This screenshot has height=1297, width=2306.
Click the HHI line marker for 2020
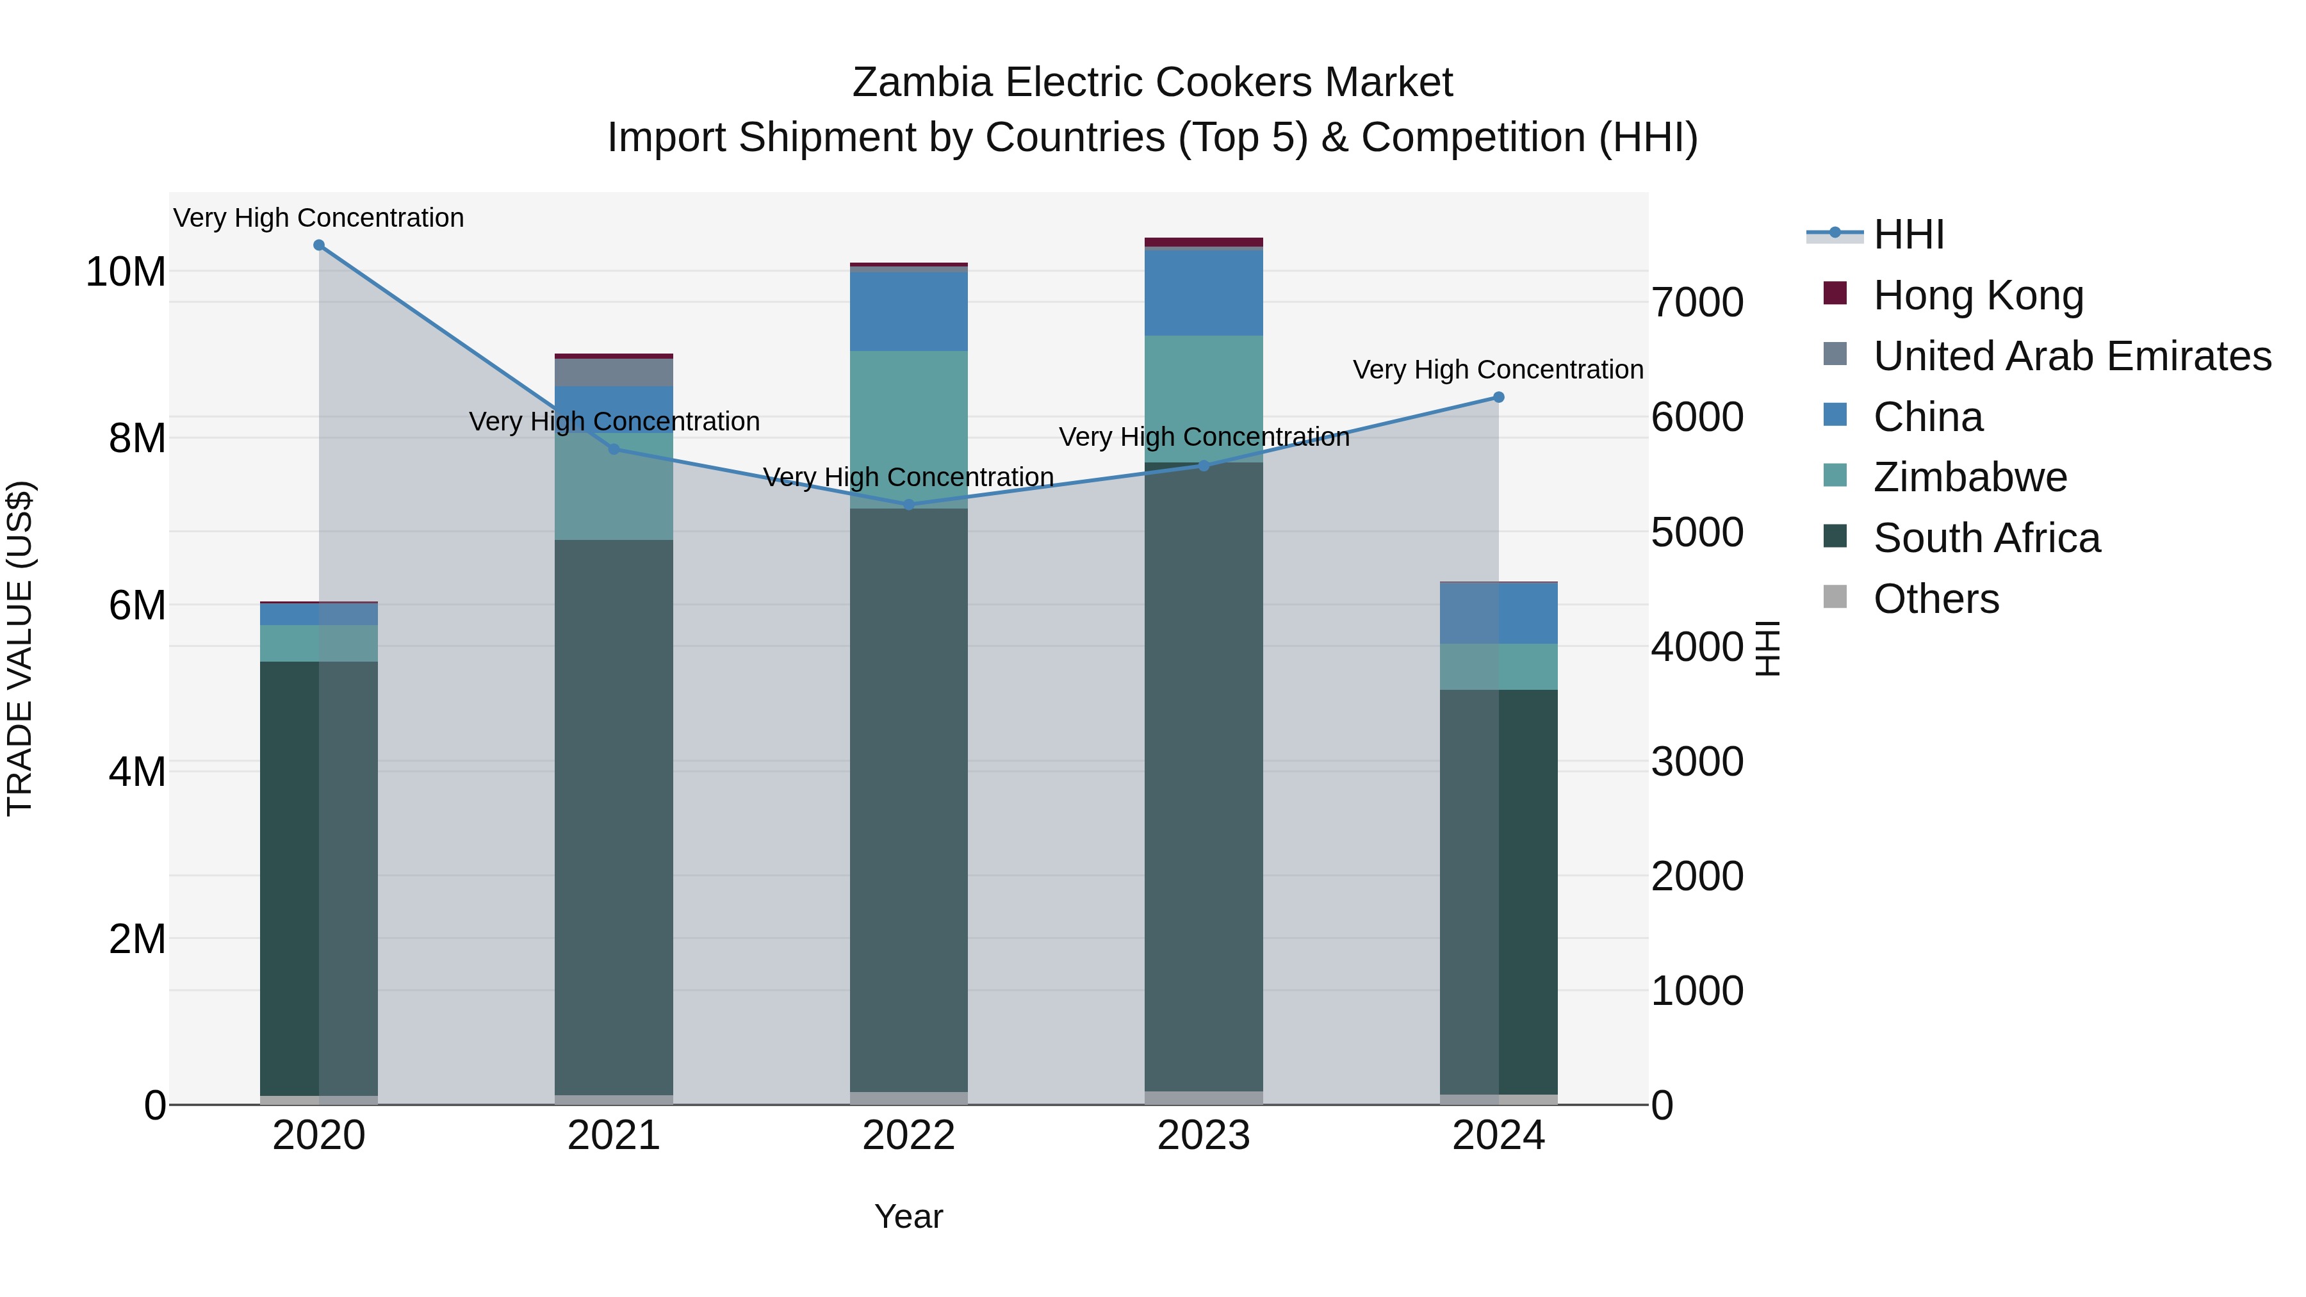click(319, 245)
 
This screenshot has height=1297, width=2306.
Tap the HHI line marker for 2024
click(1498, 397)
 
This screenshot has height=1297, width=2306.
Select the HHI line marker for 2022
click(908, 505)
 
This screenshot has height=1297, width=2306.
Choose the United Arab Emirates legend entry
click(2072, 355)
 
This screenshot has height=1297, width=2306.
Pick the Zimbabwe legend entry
click(1970, 477)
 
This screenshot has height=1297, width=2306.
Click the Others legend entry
click(1935, 599)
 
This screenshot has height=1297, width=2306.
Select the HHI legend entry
click(1909, 234)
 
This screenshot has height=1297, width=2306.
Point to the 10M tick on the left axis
click(126, 271)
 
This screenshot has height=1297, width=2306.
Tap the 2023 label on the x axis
click(1203, 1136)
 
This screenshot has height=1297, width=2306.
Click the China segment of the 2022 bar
click(908, 311)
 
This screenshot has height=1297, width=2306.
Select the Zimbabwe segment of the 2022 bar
click(908, 430)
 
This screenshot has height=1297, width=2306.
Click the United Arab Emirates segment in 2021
click(614, 372)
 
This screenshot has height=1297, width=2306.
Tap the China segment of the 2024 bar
click(1498, 613)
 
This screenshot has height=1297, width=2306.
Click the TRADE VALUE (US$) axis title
click(20, 648)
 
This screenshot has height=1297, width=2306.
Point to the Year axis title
click(908, 1216)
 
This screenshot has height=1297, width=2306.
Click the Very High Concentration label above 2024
click(1498, 370)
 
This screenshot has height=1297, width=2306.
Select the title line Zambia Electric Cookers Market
click(1152, 83)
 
